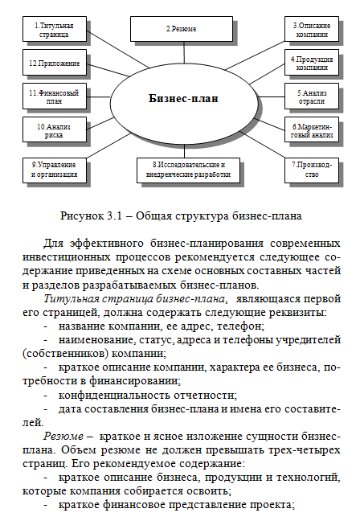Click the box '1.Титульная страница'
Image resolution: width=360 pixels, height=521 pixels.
(x=53, y=32)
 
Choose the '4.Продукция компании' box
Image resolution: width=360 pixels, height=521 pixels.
(x=309, y=64)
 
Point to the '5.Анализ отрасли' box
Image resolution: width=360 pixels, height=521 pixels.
(x=309, y=97)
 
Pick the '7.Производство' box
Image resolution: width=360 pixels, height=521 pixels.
(x=309, y=169)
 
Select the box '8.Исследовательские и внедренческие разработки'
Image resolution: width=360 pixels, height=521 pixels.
(x=184, y=169)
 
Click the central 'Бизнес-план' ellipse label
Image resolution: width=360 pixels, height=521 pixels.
(x=184, y=98)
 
